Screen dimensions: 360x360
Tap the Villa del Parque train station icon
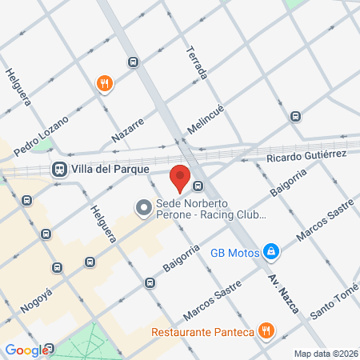(x=58, y=169)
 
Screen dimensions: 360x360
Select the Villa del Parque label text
(x=101, y=169)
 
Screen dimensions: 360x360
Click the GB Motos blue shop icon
(x=272, y=253)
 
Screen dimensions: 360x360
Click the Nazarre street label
(x=127, y=129)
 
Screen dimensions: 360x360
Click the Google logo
(x=26, y=350)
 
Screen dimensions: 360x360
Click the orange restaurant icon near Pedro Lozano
(x=105, y=82)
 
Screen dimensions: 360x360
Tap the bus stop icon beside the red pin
(x=198, y=186)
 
